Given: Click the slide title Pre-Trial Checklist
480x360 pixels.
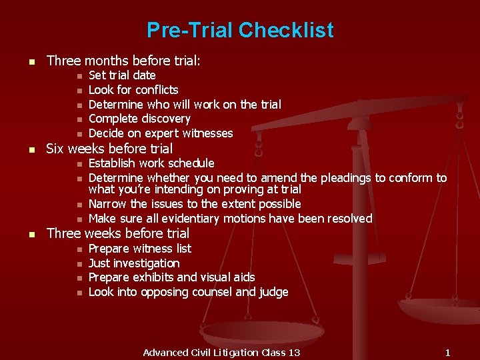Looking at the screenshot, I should [x=240, y=31].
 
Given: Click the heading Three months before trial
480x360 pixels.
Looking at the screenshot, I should [x=123, y=61].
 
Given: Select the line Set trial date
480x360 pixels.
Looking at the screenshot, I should [x=122, y=75].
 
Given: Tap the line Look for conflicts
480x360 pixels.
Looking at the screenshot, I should [x=133, y=90].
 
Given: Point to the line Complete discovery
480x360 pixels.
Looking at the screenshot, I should [x=139, y=119].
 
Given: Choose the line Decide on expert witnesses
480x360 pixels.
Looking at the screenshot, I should [x=161, y=133].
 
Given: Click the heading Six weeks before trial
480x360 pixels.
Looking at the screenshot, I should [x=109, y=149].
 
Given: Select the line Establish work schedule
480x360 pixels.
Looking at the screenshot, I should [x=151, y=163].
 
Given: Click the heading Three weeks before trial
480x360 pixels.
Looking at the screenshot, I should [x=117, y=233].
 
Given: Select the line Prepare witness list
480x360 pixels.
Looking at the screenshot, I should [x=140, y=249].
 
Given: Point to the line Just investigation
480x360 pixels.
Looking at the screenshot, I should [x=134, y=263].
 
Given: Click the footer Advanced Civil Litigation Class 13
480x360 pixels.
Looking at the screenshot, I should [x=221, y=352].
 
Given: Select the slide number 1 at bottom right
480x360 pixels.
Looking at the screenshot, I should [x=448, y=352].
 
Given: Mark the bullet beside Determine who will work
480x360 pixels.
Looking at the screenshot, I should [x=78, y=105].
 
